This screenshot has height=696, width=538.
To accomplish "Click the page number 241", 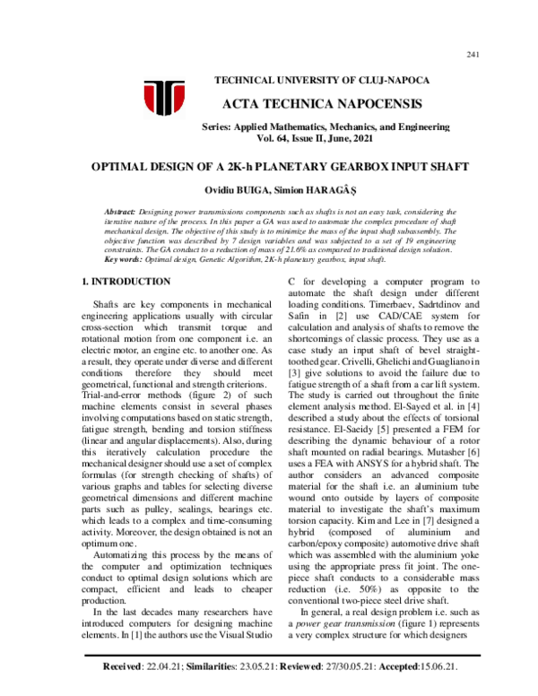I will coord(473,56).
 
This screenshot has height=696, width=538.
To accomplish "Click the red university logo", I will coord(164,100).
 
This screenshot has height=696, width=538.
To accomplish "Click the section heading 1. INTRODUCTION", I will coord(117,283).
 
